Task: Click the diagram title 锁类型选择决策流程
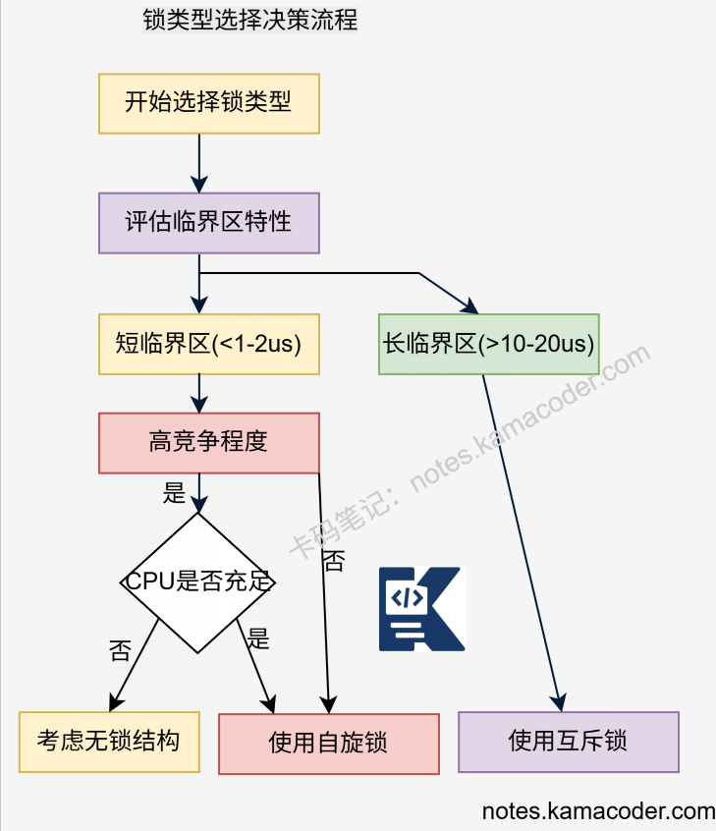click(x=249, y=19)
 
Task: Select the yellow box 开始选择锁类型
click(x=208, y=101)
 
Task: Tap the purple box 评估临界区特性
click(x=208, y=221)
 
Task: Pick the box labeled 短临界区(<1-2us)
click(x=208, y=344)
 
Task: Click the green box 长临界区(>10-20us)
click(x=488, y=344)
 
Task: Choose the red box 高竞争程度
click(x=208, y=442)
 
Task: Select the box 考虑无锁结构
click(x=108, y=742)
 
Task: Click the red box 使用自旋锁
click(x=328, y=744)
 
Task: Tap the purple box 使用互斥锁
click(x=568, y=742)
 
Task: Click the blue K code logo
click(x=420, y=609)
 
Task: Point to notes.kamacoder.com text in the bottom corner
click(x=598, y=812)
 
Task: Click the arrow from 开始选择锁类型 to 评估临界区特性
click(x=199, y=162)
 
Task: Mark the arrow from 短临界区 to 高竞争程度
click(x=199, y=393)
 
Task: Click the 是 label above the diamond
click(x=174, y=493)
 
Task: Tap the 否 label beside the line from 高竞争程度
click(x=334, y=561)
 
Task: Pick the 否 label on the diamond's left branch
click(x=120, y=650)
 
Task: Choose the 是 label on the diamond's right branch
click(x=258, y=638)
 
